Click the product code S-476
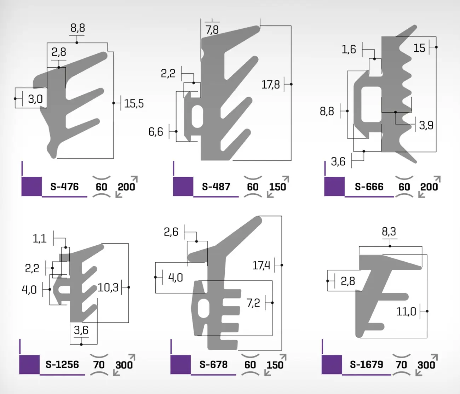(64, 187)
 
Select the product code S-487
(216, 187)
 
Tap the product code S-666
(369, 187)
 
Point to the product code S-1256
(62, 364)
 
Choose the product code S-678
(213, 364)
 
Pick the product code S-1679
(367, 364)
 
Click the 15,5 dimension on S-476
(134, 104)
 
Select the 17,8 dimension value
(270, 85)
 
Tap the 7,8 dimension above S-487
(212, 30)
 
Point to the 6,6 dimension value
(156, 132)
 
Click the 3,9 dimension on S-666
(426, 125)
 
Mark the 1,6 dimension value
(349, 50)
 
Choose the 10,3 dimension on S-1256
(108, 287)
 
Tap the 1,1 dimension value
(40, 239)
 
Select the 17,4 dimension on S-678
(261, 265)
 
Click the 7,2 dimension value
(253, 303)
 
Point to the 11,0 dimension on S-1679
(406, 312)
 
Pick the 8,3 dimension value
(389, 232)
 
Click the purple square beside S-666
(334, 187)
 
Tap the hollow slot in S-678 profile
(204, 308)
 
